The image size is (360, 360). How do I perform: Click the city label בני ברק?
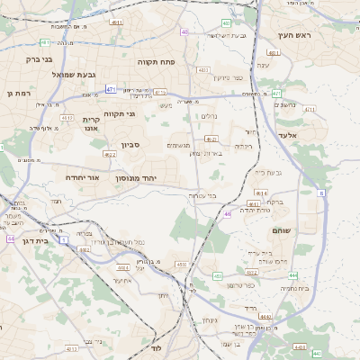[40, 59]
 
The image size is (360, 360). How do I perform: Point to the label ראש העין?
[293, 35]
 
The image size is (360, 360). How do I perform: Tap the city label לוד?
[155, 346]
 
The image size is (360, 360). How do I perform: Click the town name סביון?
[130, 144]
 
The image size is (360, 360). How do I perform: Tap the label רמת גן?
[18, 93]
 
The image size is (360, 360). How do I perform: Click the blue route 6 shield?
[321, 192]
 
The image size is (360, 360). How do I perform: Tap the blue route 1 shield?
[63, 239]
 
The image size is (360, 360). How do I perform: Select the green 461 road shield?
[276, 94]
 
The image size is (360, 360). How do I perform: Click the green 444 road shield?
[292, 275]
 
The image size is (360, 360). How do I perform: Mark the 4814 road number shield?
[262, 193]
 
